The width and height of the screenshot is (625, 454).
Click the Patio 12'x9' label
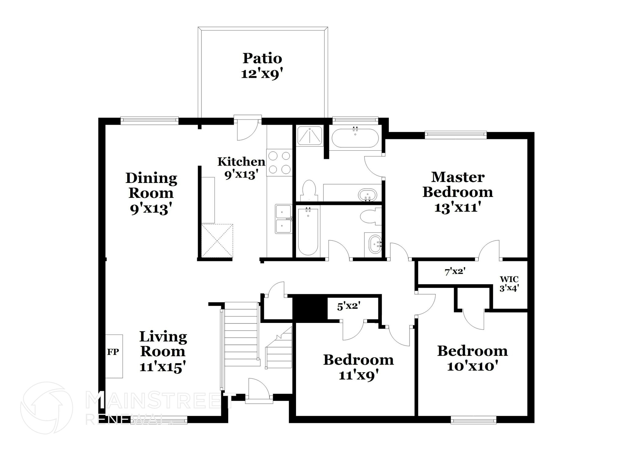(x=262, y=66)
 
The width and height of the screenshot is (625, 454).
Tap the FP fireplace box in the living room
(x=114, y=356)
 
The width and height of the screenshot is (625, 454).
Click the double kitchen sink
(x=284, y=219)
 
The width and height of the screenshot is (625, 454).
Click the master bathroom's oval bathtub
(x=355, y=138)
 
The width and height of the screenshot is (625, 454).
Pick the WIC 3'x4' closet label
(x=509, y=284)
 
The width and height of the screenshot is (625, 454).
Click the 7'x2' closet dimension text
(x=455, y=271)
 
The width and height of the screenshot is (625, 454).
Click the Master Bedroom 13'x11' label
(x=457, y=192)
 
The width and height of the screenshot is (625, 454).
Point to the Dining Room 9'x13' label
(x=151, y=193)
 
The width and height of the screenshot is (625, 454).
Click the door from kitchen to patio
(x=247, y=130)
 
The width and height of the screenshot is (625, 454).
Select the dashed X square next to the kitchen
(x=217, y=240)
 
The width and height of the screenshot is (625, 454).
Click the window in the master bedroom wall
(x=456, y=134)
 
